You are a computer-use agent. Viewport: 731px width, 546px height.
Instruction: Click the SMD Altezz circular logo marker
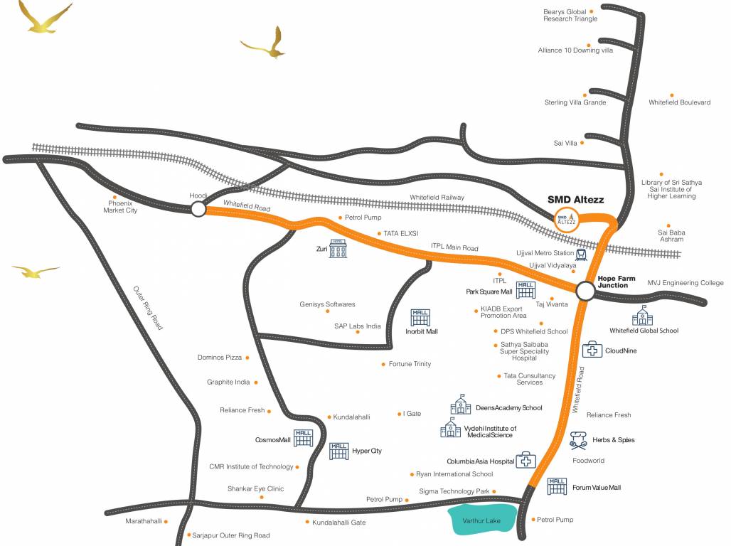567,218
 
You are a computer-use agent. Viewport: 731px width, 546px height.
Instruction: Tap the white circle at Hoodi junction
198,209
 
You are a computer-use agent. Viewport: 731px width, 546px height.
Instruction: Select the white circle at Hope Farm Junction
585,291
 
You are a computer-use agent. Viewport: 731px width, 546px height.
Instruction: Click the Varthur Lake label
482,521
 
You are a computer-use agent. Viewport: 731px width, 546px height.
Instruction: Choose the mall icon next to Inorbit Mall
420,317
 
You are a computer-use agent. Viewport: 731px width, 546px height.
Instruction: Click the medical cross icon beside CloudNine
592,350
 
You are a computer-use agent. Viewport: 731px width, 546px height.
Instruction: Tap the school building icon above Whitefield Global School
642,315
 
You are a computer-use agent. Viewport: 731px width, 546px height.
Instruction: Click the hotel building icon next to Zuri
338,249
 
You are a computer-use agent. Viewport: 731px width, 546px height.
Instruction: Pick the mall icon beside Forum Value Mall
557,486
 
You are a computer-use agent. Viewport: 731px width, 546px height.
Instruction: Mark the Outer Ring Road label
148,308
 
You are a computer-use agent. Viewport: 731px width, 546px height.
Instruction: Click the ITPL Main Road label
454,248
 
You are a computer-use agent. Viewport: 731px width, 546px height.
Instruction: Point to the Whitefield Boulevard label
679,102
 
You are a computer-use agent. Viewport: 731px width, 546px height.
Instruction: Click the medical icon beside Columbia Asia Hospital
525,460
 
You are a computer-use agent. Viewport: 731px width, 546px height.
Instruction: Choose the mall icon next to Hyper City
338,450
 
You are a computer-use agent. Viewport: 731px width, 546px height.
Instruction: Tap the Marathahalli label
144,521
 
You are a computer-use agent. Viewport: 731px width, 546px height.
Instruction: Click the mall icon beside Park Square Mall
525,290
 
